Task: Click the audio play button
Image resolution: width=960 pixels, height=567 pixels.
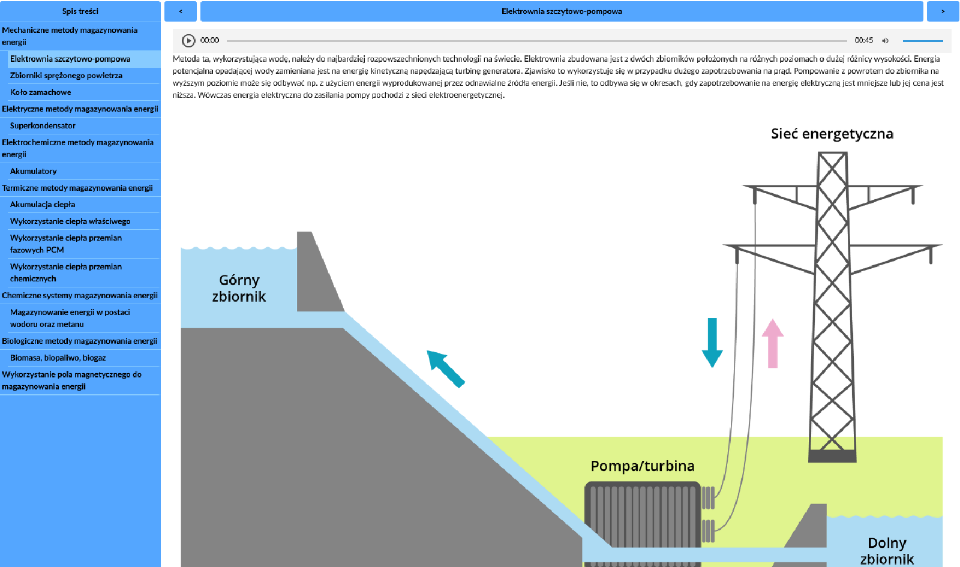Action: [188, 40]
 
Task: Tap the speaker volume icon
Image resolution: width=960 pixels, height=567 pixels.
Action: [885, 41]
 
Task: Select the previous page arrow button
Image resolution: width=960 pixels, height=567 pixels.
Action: [180, 11]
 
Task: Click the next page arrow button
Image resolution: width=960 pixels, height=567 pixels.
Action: [943, 11]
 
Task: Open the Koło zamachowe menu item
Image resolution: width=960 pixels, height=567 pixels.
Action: [40, 92]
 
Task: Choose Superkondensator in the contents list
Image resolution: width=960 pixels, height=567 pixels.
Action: [43, 126]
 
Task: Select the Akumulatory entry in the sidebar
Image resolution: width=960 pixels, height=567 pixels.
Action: [34, 172]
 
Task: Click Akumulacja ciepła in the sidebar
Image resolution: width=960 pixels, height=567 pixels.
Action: [43, 205]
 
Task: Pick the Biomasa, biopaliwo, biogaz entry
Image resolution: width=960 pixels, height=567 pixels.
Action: [58, 358]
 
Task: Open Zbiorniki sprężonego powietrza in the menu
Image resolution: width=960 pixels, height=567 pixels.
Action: [66, 76]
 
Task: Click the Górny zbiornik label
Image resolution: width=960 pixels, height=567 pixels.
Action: [239, 289]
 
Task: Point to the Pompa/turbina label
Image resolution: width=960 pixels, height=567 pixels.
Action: [642, 466]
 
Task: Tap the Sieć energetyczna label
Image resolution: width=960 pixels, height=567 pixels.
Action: [832, 134]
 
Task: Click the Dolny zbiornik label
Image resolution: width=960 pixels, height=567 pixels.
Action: [887, 551]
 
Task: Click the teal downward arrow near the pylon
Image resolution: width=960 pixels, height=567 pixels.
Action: [712, 342]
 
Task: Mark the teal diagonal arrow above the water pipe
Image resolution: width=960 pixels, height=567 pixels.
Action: [445, 368]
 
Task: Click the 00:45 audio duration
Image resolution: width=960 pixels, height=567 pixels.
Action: [863, 40]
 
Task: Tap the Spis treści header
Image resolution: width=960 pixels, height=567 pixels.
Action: [80, 11]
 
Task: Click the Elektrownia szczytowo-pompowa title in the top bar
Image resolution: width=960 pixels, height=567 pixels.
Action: [562, 11]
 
